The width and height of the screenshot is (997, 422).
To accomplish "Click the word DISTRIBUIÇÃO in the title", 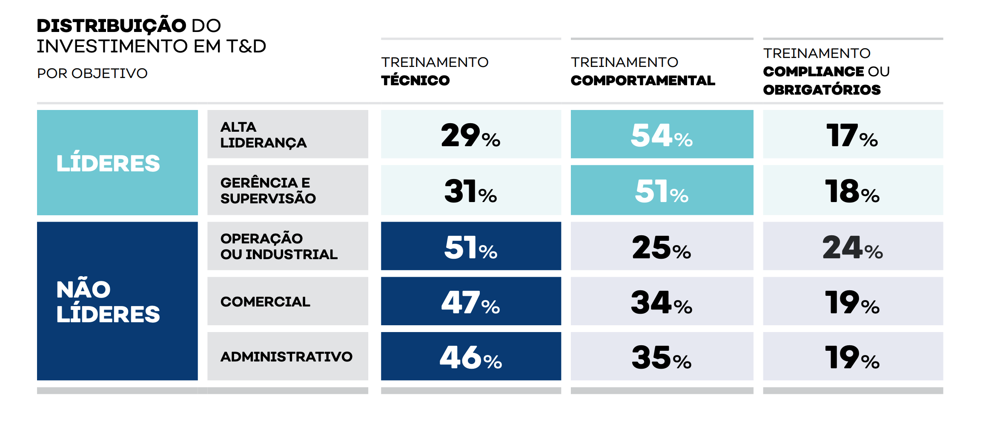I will (111, 26).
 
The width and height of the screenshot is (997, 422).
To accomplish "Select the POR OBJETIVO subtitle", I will (92, 73).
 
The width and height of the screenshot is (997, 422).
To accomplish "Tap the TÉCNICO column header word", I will (415, 80).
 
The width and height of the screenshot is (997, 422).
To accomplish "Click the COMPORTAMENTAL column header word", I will (642, 80).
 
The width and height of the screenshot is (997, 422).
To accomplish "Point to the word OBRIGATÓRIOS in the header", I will (822, 90).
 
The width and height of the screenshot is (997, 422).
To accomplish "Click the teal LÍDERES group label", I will (108, 163).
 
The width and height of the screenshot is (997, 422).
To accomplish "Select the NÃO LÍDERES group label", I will (108, 301).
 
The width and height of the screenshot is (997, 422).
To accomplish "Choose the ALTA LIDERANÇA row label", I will (263, 135).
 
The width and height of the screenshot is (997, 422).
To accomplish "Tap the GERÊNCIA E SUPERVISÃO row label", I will (268, 190).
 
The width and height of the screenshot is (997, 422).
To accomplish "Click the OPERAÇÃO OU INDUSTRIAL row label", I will (278, 246).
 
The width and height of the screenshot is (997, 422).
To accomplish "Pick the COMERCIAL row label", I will (265, 301).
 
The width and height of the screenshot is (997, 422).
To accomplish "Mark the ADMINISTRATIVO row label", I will (286, 356).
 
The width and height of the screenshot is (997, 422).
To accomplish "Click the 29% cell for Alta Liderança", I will (470, 135).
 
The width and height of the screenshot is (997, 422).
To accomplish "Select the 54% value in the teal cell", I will (662, 135).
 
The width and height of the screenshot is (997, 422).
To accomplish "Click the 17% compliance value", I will (852, 135).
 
